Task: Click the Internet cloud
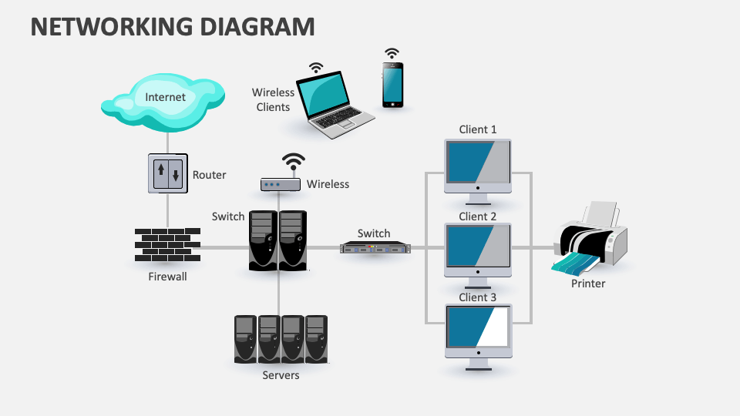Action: (x=164, y=100)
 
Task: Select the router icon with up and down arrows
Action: (x=167, y=173)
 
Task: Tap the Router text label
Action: (x=209, y=175)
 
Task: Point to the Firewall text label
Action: (x=167, y=276)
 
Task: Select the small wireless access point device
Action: (x=280, y=185)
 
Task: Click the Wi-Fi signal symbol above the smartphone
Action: (x=392, y=53)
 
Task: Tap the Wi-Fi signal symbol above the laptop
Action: (x=316, y=67)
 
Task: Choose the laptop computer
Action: (x=336, y=105)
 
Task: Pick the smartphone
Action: (x=392, y=85)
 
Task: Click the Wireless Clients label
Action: (x=273, y=99)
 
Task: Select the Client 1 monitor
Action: (x=478, y=166)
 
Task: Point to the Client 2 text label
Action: (x=478, y=216)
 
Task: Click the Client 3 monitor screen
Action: (x=478, y=326)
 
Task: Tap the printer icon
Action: (x=591, y=237)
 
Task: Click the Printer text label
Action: (x=588, y=283)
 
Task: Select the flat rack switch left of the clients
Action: (x=375, y=247)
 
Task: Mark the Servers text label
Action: (x=281, y=375)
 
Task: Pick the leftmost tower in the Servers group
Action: (x=246, y=338)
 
